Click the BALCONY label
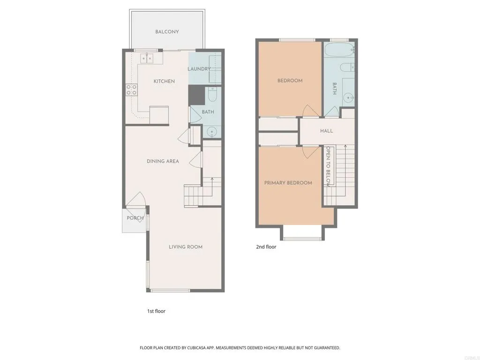[167, 32]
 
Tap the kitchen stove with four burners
[131, 90]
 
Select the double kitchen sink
[146, 59]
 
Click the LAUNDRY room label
[199, 69]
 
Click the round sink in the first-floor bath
[213, 132]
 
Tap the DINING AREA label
[163, 161]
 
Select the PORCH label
[135, 218]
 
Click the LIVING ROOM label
[186, 247]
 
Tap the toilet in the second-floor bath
[347, 68]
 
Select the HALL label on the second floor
[327, 131]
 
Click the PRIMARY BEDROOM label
[288, 183]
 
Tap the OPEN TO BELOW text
[329, 166]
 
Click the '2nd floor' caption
[266, 247]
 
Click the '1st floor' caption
[156, 311]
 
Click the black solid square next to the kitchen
[196, 95]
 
